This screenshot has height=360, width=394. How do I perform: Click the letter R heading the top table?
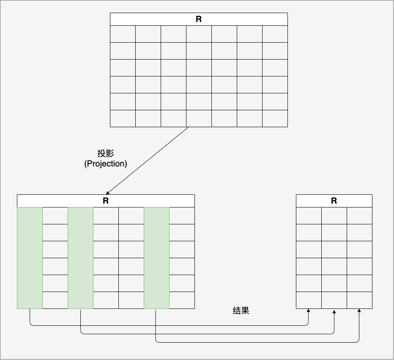tap(199, 19)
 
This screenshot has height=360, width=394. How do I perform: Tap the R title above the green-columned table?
tap(106, 201)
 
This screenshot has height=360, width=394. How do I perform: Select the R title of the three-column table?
tap(334, 201)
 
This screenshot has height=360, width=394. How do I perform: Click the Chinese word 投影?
tap(106, 153)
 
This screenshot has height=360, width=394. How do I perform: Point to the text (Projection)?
tap(106, 164)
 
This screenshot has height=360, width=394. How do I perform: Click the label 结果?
tap(241, 311)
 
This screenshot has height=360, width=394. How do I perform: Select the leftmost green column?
tap(30, 258)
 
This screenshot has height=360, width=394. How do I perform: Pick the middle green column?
tap(80, 258)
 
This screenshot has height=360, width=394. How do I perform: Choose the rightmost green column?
tap(156, 258)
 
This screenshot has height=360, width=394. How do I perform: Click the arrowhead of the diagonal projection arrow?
tap(107, 193)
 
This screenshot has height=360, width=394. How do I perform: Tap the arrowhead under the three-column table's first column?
tap(308, 311)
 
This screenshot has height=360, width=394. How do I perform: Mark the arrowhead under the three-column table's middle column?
tap(334, 312)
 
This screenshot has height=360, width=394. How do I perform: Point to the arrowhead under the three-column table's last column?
tap(359, 311)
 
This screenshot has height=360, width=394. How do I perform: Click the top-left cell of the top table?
tap(123, 34)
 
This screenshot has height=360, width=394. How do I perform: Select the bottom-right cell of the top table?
tap(275, 119)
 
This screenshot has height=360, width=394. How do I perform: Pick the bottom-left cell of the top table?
tap(123, 119)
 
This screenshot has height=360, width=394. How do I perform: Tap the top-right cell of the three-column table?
tap(359, 215)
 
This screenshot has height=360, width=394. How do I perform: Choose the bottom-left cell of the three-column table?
tap(309, 300)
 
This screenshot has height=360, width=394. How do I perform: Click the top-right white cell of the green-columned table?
tap(182, 215)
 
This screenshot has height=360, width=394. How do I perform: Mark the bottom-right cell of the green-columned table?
tap(182, 300)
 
